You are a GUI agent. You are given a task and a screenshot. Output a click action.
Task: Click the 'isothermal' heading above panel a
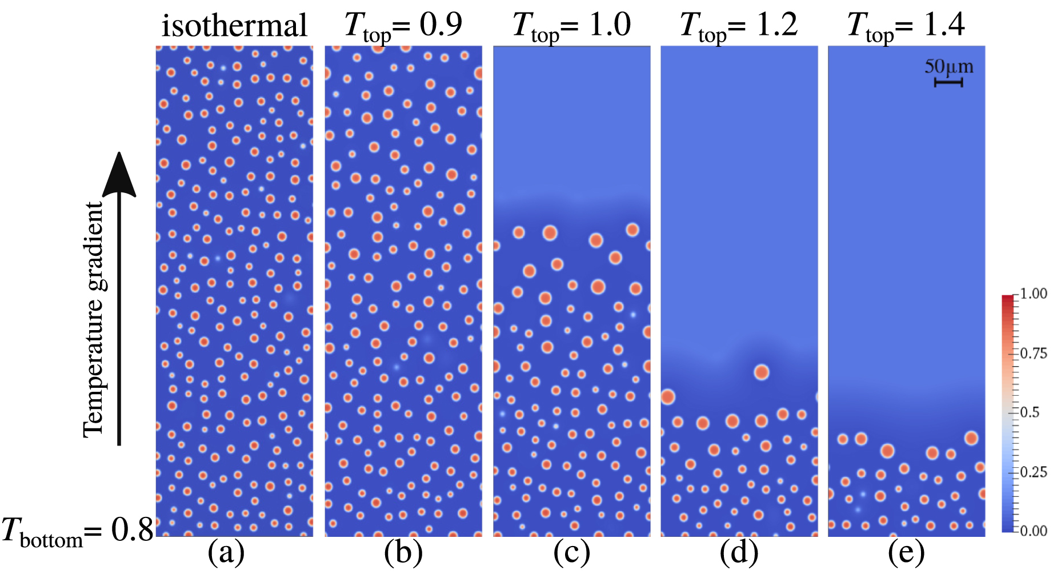pos(234,26)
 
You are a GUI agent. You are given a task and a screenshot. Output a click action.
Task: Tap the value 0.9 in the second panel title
pos(441,25)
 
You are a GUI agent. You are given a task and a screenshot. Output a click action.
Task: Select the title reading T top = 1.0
pos(571,26)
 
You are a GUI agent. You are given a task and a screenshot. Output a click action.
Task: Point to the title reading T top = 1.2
pos(738,26)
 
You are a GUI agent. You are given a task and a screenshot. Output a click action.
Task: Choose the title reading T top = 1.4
pos(906,26)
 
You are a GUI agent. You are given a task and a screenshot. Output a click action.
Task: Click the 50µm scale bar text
pos(948,67)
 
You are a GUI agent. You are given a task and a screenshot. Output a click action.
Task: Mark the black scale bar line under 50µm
pos(948,83)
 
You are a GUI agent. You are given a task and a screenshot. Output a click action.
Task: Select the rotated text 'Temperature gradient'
pos(94,320)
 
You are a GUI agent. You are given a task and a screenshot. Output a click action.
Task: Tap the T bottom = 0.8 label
pos(77,531)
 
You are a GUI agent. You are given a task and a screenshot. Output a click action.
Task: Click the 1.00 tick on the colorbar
pos(1033,294)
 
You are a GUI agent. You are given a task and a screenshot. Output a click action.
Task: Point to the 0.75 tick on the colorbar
pos(1033,354)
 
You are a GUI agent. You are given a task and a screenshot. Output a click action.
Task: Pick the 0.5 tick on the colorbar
pos(1030,413)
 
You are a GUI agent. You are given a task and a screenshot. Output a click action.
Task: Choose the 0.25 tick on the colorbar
pos(1033,472)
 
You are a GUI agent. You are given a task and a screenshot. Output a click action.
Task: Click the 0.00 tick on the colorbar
pos(1033,531)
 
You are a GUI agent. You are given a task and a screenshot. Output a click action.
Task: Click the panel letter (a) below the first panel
pos(226,553)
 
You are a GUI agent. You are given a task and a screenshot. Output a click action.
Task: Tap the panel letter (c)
pos(571,553)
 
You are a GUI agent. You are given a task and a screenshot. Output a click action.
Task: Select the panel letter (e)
pos(906,553)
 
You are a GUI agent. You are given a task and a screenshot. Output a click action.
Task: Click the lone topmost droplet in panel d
pos(761,372)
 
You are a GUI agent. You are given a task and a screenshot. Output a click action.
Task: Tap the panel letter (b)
pos(403,553)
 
